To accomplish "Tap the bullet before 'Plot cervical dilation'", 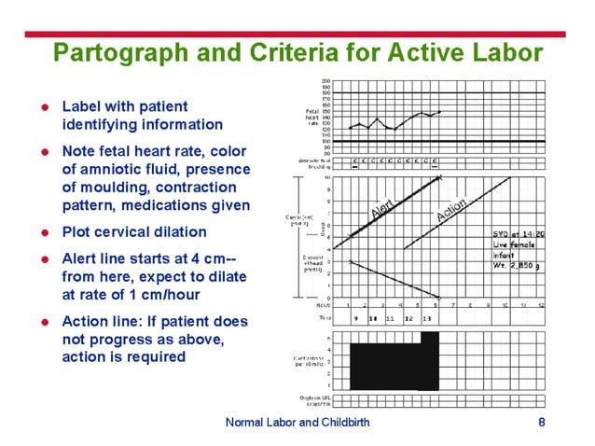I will point(44,232).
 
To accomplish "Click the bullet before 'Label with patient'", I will point(44,107).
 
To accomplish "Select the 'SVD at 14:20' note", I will point(519,233).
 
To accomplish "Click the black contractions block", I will point(392,365).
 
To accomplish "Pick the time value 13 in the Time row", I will point(426,318).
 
